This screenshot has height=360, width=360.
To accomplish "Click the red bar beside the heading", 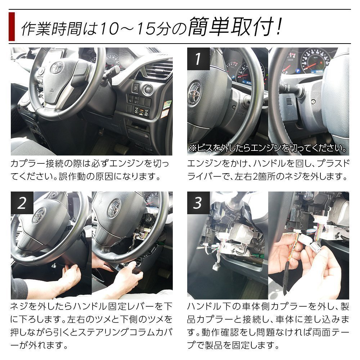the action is point(12,27).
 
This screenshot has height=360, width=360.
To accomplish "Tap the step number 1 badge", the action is point(198,59).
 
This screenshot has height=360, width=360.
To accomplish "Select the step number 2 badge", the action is point(22,203).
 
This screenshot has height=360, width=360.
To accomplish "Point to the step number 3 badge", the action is point(198,203).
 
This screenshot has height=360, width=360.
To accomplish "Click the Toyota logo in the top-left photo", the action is point(57,68).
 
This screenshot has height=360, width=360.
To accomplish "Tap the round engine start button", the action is point(147,89).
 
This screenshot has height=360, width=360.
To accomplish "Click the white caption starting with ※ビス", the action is point(268,148).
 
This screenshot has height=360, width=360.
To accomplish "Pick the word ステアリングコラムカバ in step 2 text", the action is point(125,332).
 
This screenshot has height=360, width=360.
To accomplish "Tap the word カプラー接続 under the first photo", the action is point(37,163).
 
